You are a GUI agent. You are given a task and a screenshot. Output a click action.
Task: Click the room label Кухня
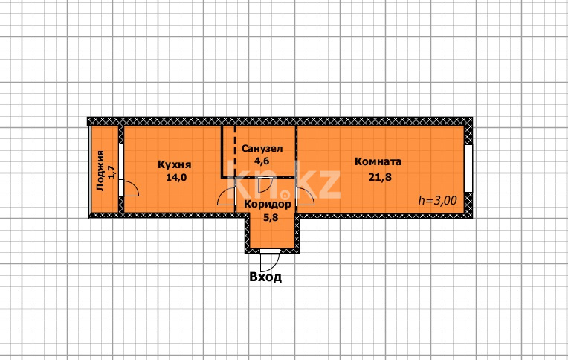175,165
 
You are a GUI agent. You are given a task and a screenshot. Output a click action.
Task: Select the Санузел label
262,148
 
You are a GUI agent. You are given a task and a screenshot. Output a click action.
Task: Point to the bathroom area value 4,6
262,160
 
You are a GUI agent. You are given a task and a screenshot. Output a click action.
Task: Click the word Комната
378,161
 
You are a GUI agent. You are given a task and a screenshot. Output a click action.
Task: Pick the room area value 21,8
378,176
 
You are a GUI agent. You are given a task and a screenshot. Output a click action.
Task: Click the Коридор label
268,204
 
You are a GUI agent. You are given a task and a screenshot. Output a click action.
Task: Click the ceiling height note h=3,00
437,200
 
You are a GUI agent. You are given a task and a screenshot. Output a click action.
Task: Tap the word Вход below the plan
265,277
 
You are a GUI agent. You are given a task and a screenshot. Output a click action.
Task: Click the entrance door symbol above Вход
268,260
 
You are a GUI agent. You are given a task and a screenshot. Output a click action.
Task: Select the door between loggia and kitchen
128,187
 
